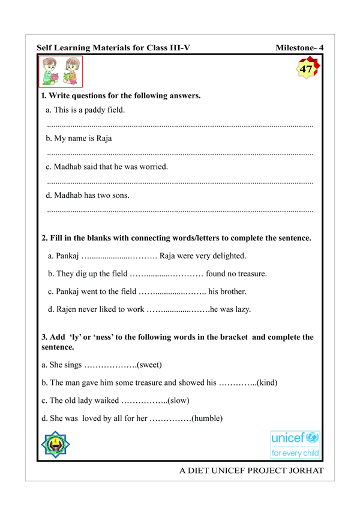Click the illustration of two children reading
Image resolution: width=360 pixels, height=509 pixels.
[x=62, y=73]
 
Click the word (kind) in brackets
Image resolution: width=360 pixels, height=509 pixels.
[x=266, y=382]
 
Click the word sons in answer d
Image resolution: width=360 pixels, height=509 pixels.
[x=117, y=195]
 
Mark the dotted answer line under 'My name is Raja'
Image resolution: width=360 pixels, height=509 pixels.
[x=180, y=154]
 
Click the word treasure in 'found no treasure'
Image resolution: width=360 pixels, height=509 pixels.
[x=251, y=275]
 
